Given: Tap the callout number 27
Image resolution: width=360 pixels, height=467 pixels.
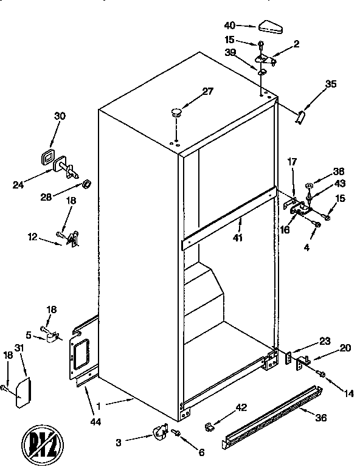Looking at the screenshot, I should (209, 92).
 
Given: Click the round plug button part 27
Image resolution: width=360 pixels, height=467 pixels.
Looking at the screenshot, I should (176, 112).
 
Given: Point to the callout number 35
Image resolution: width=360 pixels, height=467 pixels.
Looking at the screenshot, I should (330, 85).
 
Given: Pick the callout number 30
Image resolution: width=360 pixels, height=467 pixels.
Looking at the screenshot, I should (60, 117).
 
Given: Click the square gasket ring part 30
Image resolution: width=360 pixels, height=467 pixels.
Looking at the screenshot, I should (46, 157).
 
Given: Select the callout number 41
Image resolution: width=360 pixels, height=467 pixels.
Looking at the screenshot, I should (238, 238).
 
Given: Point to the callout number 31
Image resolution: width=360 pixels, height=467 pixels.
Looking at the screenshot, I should (19, 348).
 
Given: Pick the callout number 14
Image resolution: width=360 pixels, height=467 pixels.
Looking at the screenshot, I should (348, 393).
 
